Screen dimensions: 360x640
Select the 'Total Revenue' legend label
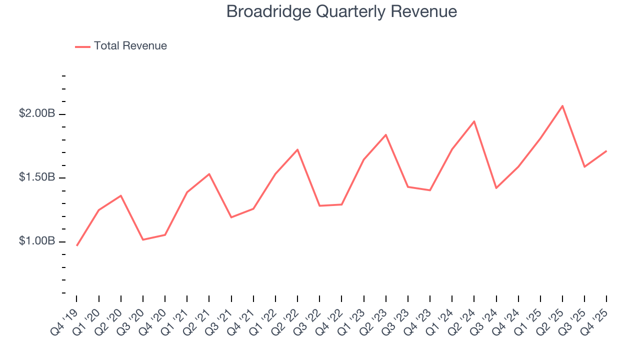point(130,46)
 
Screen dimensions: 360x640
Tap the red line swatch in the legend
point(82,46)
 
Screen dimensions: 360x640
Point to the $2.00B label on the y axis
point(37,113)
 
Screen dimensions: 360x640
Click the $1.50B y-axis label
point(37,177)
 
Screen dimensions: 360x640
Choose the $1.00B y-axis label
point(37,241)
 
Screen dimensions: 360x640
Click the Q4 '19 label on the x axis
point(65,320)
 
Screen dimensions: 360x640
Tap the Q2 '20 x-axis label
point(109,320)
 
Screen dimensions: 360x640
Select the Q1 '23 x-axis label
point(352,320)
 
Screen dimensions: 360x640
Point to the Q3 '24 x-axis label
point(484,320)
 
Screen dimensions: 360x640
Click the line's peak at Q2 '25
point(562,105)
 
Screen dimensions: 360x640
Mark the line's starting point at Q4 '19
point(77,245)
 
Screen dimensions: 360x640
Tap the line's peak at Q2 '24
point(474,121)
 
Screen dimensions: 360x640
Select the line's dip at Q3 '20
point(143,239)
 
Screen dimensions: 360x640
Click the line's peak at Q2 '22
point(297,149)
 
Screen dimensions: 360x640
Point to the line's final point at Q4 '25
point(606,150)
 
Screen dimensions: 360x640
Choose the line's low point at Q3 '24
point(496,188)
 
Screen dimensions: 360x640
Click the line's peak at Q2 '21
point(209,174)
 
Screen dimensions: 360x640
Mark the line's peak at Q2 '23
point(386,134)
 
